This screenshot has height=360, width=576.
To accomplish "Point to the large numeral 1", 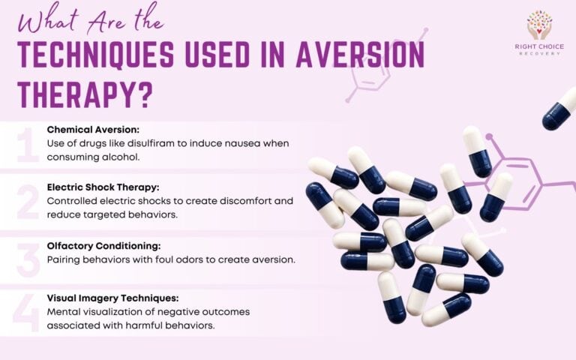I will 27,145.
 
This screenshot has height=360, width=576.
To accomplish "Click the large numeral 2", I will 27,200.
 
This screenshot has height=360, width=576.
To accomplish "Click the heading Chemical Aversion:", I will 93,129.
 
